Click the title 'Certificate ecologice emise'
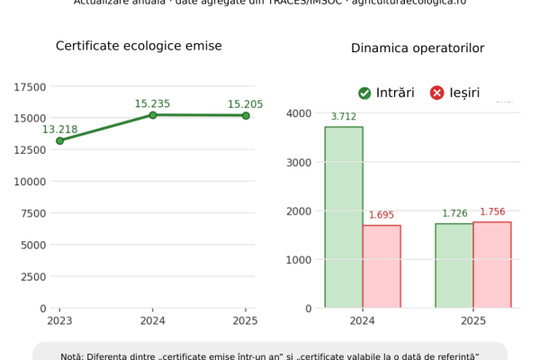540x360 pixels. (139, 46)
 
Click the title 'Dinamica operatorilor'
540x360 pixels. (418, 48)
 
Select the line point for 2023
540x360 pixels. (59, 140)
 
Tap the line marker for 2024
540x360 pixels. (153, 115)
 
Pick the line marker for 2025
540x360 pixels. (246, 115)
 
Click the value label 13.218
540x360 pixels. (59, 129)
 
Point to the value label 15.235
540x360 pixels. (153, 103)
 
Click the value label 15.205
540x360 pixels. (246, 104)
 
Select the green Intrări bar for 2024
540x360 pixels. (344, 217)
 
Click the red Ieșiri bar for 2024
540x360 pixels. (382, 266)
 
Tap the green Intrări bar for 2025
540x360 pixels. (454, 265)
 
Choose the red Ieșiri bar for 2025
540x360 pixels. (492, 265)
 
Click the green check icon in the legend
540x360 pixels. (364, 93)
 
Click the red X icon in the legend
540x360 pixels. (437, 93)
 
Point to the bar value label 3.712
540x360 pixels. (344, 117)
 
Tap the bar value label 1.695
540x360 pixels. (382, 216)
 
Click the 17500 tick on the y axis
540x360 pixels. (31, 87)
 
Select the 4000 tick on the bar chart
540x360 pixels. (299, 113)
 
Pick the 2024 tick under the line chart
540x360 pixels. (153, 319)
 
